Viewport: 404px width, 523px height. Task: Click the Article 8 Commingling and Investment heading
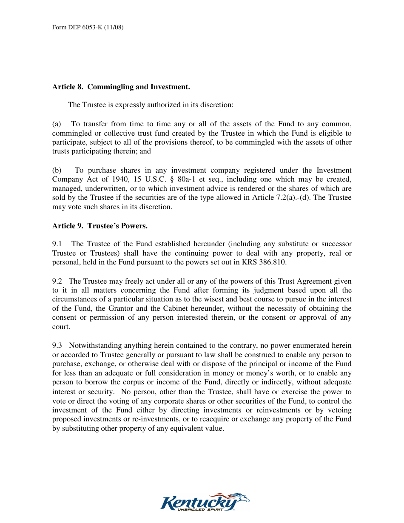(121, 87)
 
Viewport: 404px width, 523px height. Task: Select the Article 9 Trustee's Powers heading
(100, 226)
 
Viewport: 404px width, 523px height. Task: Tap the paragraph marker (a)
(57, 124)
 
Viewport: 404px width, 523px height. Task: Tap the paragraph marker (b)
(57, 171)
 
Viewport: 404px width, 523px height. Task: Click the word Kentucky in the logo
(198, 503)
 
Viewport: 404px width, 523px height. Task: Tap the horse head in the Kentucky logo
(240, 498)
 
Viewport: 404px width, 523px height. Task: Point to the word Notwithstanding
(93, 346)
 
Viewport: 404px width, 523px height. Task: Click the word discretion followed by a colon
(218, 105)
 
